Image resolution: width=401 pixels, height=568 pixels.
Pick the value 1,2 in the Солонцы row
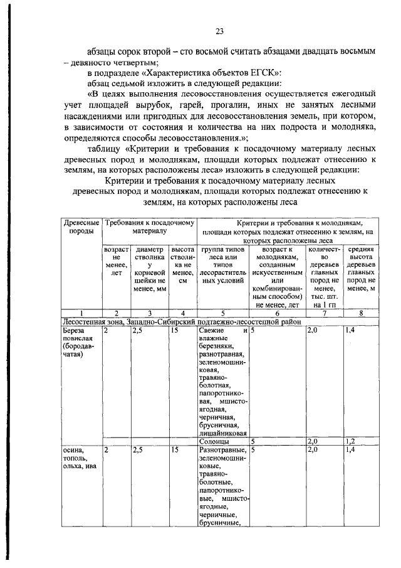pos(352,441)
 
